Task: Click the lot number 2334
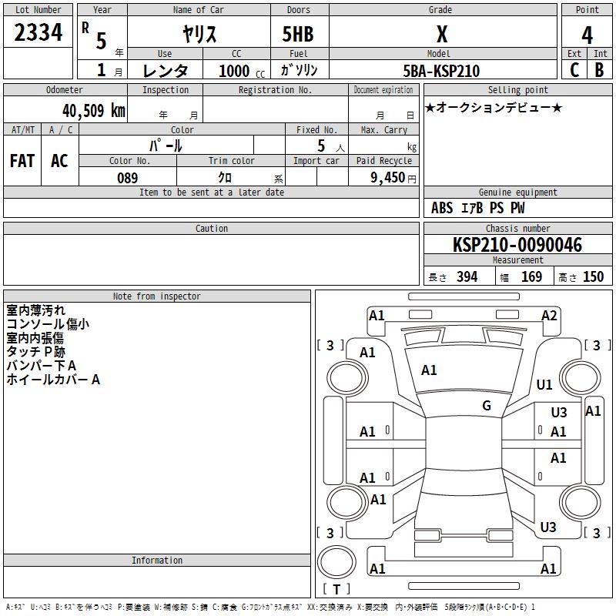(x=38, y=32)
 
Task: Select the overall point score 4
(x=587, y=35)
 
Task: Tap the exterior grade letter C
(x=574, y=70)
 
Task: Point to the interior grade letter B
(x=599, y=70)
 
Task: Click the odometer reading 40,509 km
(x=93, y=111)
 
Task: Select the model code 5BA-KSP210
(x=441, y=71)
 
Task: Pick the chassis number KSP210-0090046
(x=517, y=245)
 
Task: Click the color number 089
(x=128, y=178)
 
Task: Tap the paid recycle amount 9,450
(x=387, y=177)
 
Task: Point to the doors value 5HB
(x=298, y=34)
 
